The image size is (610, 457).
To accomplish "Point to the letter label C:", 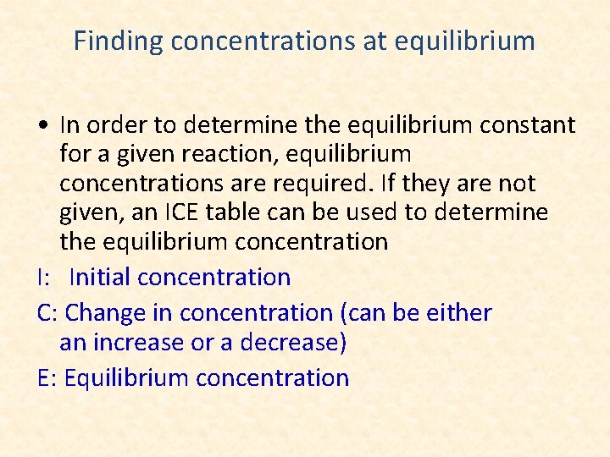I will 47,312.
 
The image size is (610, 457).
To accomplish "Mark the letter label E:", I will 47,377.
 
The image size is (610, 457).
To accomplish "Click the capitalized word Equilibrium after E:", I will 126,377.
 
